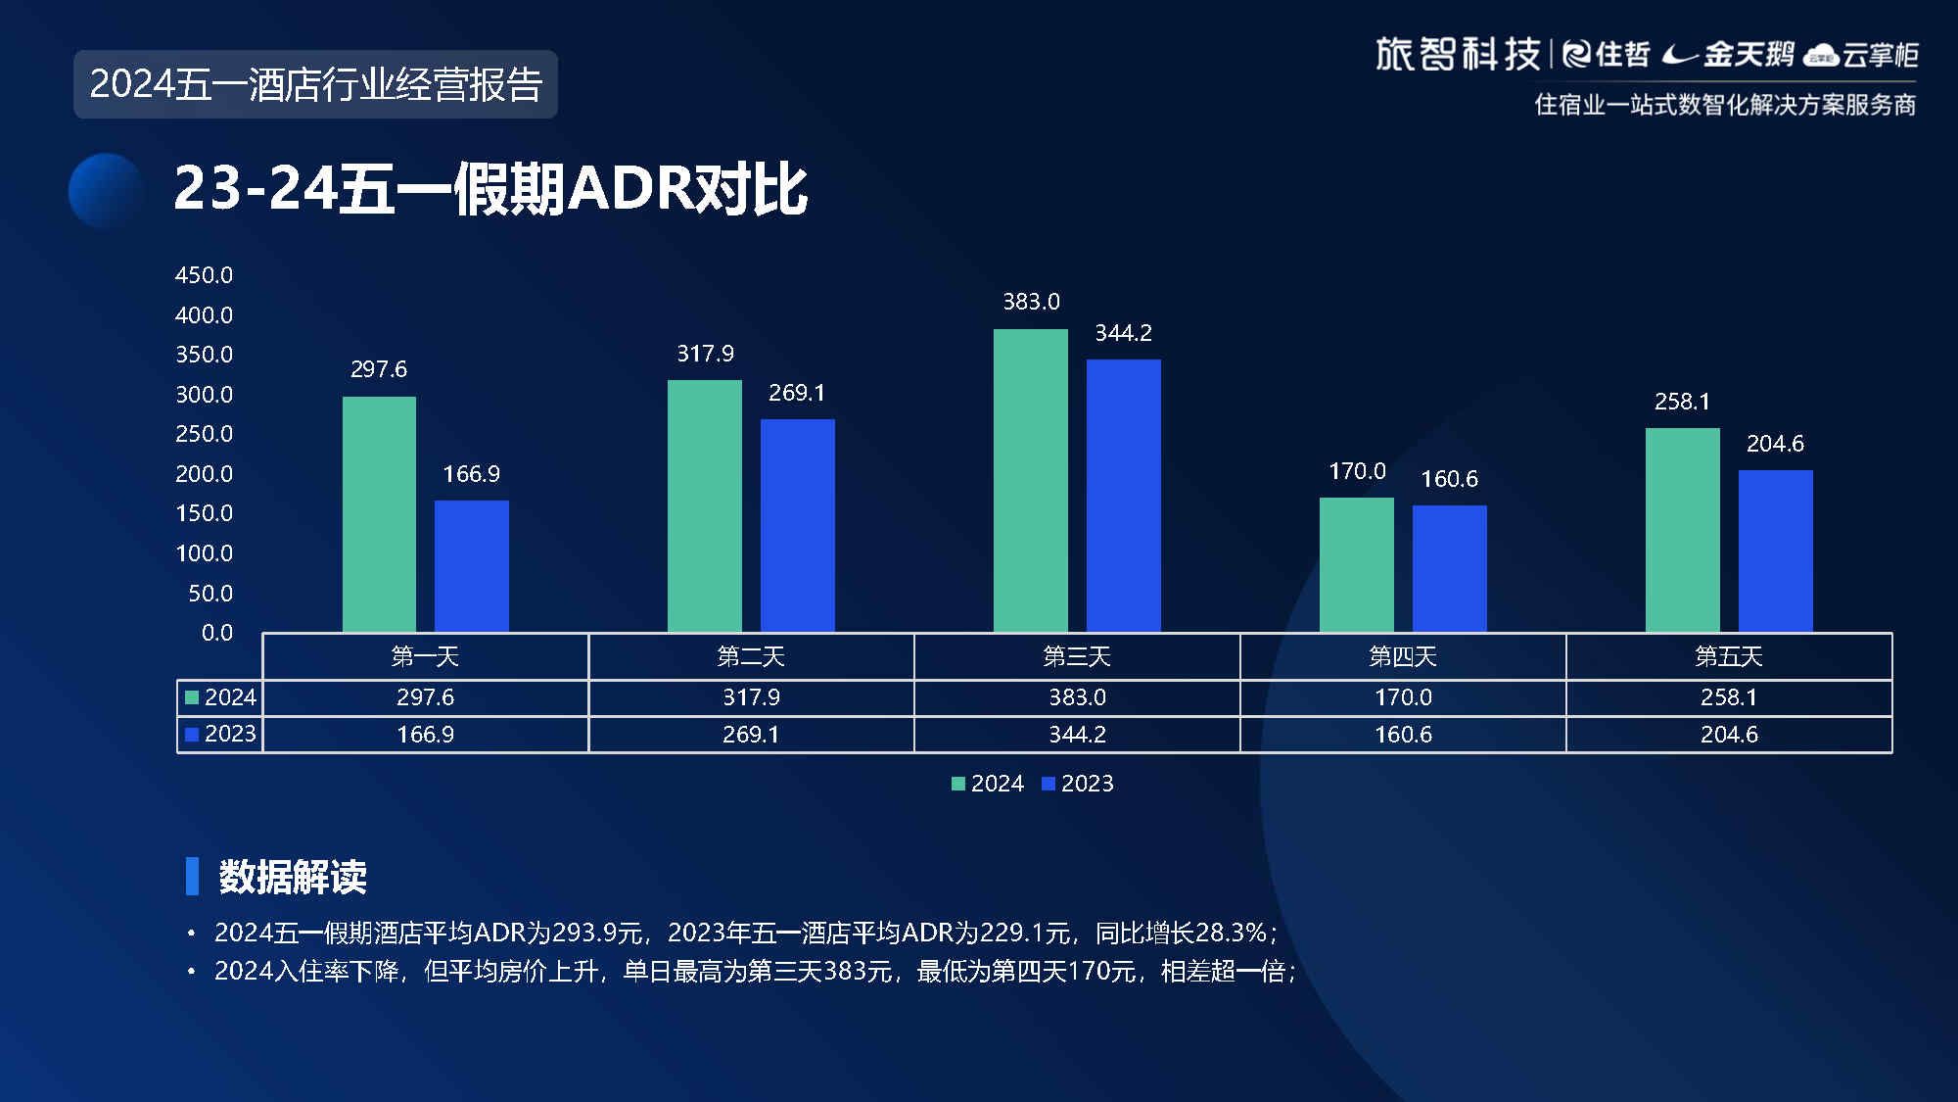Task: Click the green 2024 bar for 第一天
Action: (379, 514)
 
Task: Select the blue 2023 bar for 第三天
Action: (1123, 495)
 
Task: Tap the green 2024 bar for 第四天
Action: (1356, 564)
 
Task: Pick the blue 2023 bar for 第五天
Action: (1775, 551)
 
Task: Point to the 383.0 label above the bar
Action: (1031, 302)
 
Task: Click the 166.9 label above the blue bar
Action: (471, 474)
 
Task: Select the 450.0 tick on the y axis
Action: (204, 275)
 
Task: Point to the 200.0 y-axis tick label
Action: (204, 474)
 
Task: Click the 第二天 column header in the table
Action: (751, 656)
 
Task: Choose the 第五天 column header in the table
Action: (1728, 656)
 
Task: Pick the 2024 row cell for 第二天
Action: (751, 697)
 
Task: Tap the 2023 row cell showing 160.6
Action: (1402, 735)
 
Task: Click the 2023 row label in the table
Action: (221, 734)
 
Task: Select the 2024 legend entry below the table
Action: (988, 784)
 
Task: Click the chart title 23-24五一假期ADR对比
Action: (490, 189)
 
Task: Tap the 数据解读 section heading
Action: (293, 877)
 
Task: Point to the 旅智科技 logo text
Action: (1457, 55)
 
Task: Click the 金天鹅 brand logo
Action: (1730, 55)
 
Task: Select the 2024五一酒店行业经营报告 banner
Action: (315, 84)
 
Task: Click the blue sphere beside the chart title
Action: (106, 190)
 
